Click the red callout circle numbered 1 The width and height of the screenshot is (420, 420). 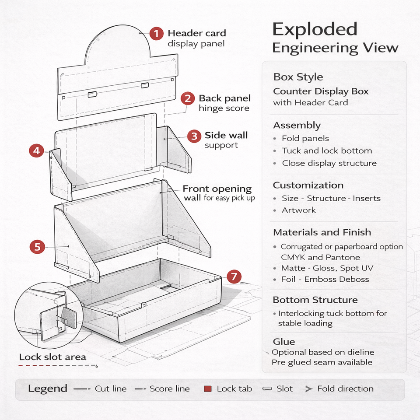pos(156,34)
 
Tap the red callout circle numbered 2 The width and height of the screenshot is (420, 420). pos(188,98)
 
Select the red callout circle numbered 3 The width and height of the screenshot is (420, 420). pos(194,136)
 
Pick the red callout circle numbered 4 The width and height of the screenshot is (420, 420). pos(36,151)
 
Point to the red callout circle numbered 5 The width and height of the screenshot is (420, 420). pos(37,247)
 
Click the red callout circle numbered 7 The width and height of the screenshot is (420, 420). pos(234,276)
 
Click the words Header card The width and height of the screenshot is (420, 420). pos(197,33)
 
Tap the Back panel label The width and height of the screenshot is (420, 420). pos(224,98)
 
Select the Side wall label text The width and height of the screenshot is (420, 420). pos(226,135)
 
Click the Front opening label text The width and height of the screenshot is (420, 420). pos(217,189)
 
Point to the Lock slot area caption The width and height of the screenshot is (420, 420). pos(52,357)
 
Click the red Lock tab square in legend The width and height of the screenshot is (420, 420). pos(208,388)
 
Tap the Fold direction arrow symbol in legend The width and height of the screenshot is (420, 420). pos(308,388)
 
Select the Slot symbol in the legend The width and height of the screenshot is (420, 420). pos(267,388)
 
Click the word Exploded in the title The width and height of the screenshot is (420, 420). pos(315,29)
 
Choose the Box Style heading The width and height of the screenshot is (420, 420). pos(298,77)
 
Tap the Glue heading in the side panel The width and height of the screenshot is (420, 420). pos(283,342)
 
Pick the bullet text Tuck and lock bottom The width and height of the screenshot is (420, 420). pos(327,150)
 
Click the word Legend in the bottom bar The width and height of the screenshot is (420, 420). pos(48,388)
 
